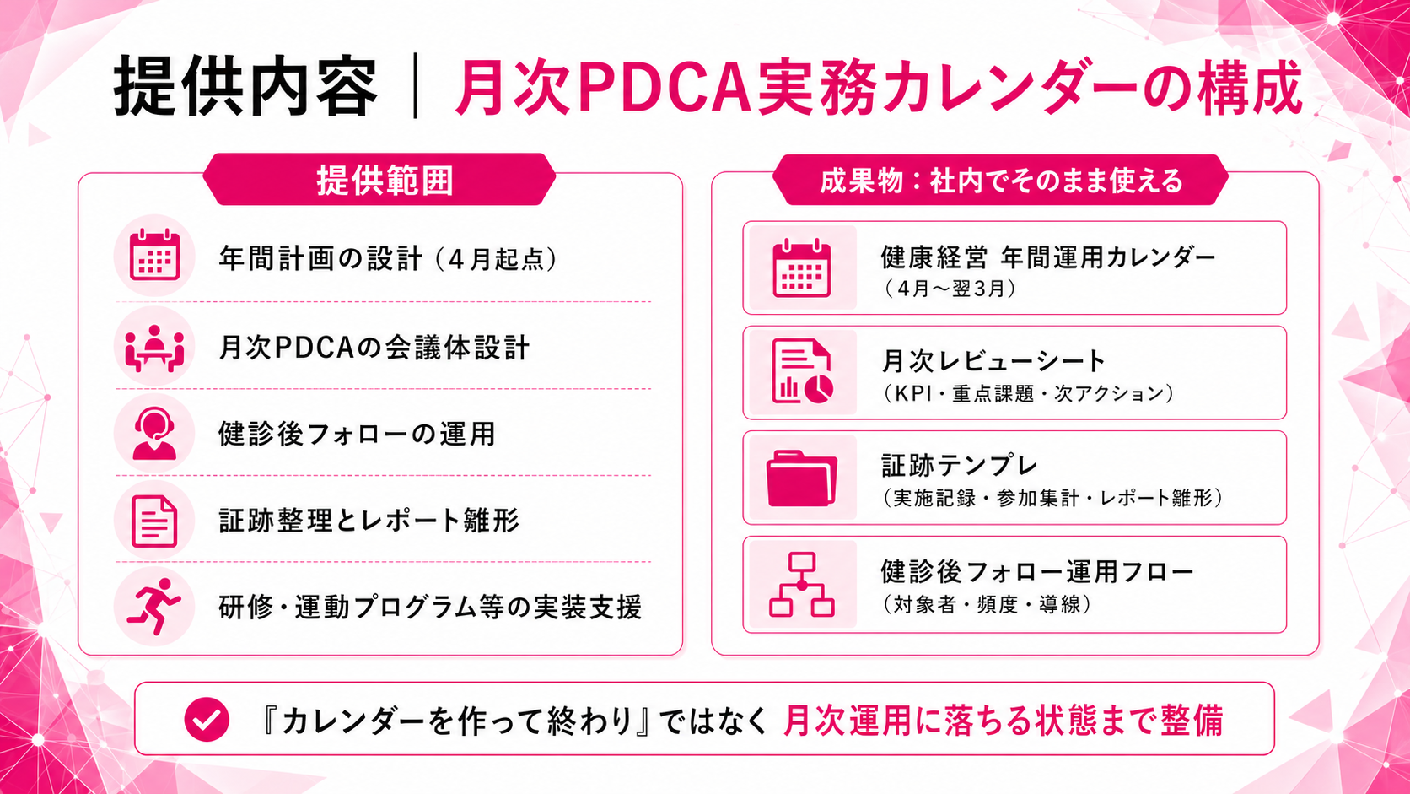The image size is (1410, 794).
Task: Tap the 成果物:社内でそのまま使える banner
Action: pyautogui.click(x=1000, y=180)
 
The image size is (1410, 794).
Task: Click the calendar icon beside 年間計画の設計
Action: pyautogui.click(x=154, y=256)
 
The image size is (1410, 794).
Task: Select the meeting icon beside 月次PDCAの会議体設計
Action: pyautogui.click(x=154, y=347)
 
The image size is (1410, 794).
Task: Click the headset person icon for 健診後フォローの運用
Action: pyautogui.click(x=154, y=434)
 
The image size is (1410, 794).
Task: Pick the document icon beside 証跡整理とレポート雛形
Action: pyautogui.click(x=154, y=521)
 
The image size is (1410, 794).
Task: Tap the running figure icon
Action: pyautogui.click(x=154, y=607)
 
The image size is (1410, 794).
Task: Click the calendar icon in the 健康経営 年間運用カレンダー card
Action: pyautogui.click(x=802, y=268)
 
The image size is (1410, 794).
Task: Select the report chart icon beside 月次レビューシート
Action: pyautogui.click(x=802, y=372)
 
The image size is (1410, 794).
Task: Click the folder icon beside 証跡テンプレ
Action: pyautogui.click(x=802, y=478)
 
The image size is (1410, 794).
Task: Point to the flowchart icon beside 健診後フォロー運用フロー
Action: pyautogui.click(x=802, y=584)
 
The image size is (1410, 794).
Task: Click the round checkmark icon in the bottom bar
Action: pyautogui.click(x=207, y=720)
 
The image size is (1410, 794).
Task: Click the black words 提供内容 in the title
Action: pyautogui.click(x=245, y=88)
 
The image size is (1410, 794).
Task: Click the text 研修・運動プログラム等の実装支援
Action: pyautogui.click(x=430, y=607)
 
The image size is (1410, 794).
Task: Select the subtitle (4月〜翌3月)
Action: pyautogui.click(x=950, y=289)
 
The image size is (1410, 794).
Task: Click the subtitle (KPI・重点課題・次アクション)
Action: pyautogui.click(x=1028, y=393)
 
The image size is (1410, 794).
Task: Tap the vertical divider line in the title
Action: pyautogui.click(x=415, y=86)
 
